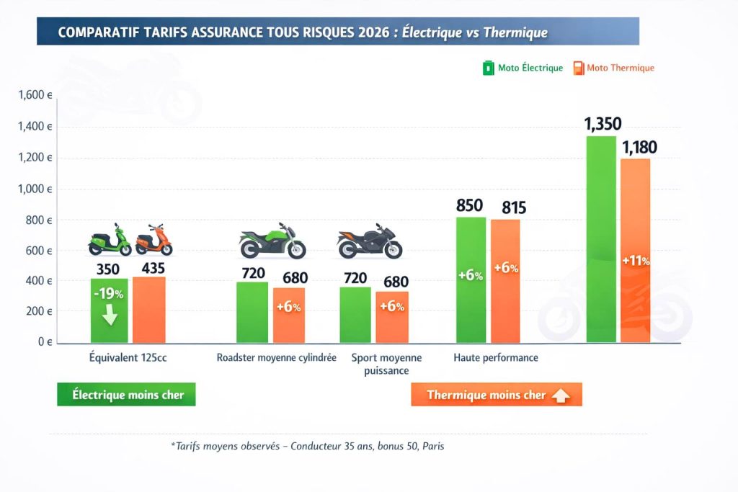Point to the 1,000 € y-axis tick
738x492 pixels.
coord(34,189)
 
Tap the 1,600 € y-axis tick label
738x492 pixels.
coord(34,95)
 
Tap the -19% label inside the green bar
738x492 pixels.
coord(109,294)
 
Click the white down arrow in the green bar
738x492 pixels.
coord(110,316)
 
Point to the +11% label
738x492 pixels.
coord(636,261)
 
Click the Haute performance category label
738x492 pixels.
coord(496,358)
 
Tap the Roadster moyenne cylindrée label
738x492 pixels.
coord(277,358)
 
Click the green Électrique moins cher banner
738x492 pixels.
coord(126,395)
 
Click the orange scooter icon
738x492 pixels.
coord(154,240)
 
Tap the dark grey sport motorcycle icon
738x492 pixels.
coord(370,243)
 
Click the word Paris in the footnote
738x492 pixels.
coord(433,446)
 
